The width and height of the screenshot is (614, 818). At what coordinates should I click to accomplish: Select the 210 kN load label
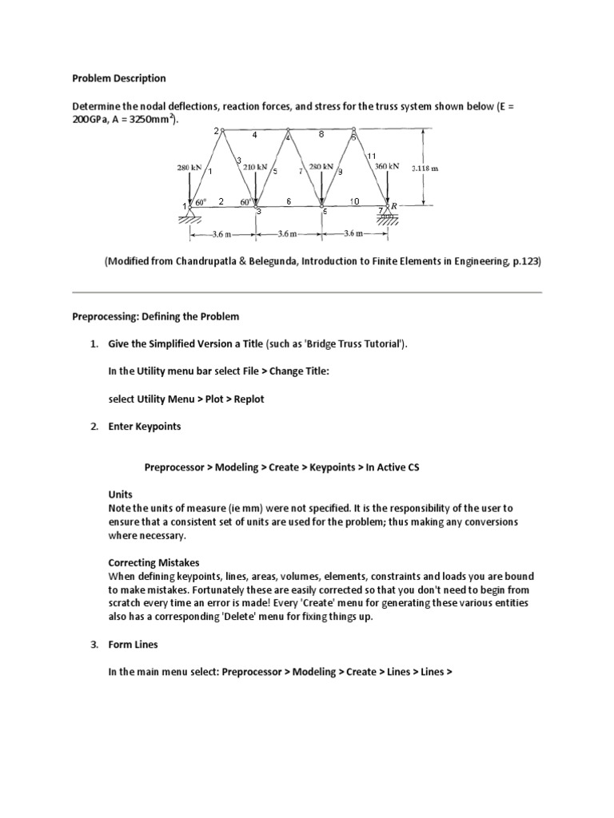256,167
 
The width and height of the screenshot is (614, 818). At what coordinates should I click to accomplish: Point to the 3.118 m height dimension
424,169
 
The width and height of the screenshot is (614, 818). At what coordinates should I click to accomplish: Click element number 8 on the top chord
321,134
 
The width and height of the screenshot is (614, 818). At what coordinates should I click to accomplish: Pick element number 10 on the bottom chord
354,201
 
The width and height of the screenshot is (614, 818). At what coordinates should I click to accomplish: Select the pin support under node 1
189,212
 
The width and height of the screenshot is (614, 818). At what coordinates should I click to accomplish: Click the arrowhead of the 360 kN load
387,201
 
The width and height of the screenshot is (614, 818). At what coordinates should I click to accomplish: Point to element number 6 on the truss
289,201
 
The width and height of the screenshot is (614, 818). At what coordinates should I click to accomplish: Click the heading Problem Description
119,78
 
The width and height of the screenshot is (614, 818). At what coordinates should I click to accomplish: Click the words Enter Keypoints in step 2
145,426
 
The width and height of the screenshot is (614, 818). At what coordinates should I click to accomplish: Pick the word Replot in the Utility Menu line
246,399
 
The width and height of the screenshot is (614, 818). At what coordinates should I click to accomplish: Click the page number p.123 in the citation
526,260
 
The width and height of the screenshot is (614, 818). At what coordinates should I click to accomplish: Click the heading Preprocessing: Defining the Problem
156,316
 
